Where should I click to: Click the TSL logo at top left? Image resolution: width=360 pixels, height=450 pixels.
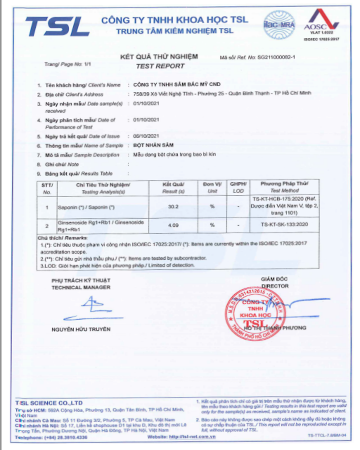pyautogui.click(x=57, y=27)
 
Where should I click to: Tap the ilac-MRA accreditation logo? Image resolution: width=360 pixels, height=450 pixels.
pyautogui.click(x=279, y=25)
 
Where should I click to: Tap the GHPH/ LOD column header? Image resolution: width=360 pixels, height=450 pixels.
pyautogui.click(x=238, y=187)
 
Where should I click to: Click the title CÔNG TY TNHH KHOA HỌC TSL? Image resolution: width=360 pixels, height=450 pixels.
pyautogui.click(x=175, y=20)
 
